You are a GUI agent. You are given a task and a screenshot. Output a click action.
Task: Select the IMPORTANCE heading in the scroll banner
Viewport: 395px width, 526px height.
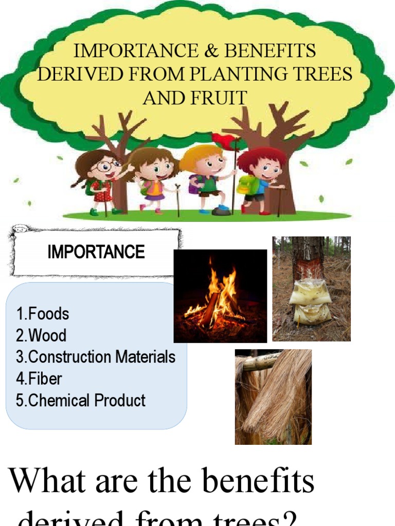pos(96,252)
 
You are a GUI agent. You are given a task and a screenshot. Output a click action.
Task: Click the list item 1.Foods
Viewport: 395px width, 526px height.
pos(42,313)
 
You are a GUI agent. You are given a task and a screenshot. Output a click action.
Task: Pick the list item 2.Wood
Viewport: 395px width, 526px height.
pos(41,335)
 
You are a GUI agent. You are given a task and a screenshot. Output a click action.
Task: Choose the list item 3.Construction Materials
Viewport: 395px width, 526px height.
pos(96,357)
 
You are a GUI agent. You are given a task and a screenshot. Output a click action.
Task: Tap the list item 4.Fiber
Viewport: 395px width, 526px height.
pos(39,379)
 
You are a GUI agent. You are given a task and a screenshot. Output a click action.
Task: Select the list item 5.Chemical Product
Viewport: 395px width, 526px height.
pos(81,401)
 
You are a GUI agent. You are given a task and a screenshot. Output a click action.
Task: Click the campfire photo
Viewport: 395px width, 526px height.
pos(220,296)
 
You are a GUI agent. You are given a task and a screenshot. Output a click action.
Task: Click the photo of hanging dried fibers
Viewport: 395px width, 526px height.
pos(273,397)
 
